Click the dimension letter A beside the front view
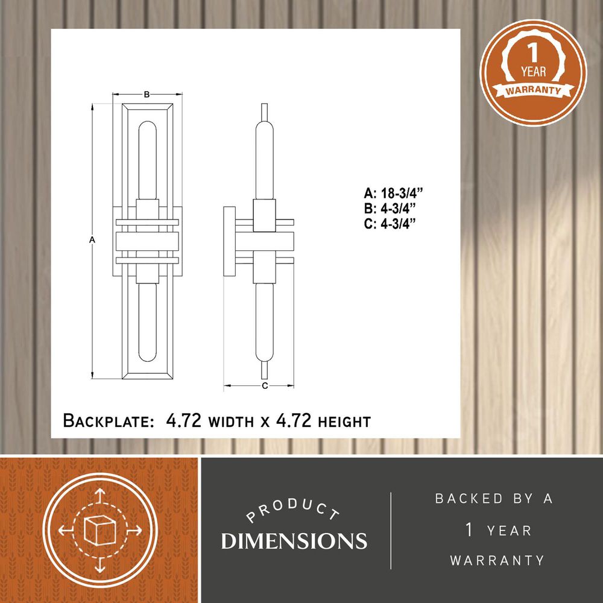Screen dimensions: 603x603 point(92,240)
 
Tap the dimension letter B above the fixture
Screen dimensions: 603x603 point(147,94)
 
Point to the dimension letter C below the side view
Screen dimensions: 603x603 point(265,386)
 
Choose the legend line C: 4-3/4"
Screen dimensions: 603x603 point(390,224)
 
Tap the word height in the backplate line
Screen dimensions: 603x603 point(344,422)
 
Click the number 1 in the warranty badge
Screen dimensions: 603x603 point(532,53)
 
